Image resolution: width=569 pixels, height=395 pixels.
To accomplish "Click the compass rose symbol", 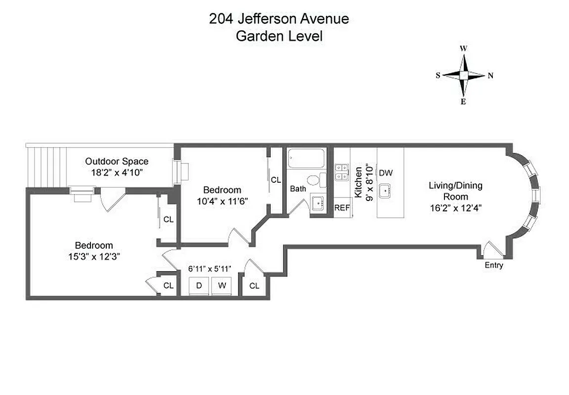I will coord(464,76).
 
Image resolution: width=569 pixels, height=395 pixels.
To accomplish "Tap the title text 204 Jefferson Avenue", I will coord(279,19).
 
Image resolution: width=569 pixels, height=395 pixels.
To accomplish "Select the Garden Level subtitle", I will coord(279,36).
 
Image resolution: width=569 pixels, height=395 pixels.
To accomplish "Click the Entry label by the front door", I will coord(493,265).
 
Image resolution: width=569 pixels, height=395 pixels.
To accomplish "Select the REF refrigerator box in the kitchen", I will coord(342,208).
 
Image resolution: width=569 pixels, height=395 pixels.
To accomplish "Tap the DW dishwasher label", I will coord(386,173).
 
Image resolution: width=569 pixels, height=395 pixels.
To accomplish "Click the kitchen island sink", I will coord(386,191).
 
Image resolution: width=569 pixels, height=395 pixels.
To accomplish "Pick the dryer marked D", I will coord(199,285).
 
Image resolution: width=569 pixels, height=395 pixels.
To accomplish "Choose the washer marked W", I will coord(221,285).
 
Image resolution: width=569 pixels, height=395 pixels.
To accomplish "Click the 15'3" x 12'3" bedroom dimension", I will coord(94,256).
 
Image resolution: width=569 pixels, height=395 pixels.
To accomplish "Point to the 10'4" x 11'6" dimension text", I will coord(222,201).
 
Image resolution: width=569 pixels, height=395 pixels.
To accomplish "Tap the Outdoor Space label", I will coord(117,161).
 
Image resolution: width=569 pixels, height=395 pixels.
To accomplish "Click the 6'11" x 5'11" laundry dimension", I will coord(210,269).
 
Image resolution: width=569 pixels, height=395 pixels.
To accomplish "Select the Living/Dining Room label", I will coord(455,191).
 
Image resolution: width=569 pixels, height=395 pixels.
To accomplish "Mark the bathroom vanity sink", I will coord(317,203).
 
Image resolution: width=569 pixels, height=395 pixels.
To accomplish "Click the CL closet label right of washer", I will coord(254,285).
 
